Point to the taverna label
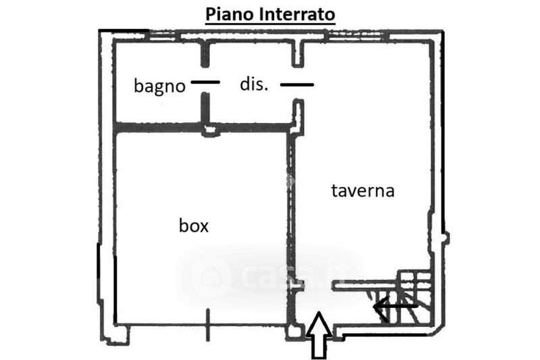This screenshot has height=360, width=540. [x=362, y=190]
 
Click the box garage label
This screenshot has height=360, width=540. [x=194, y=226]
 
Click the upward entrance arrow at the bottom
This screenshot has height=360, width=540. [x=319, y=334]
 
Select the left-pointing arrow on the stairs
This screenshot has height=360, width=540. [x=395, y=307]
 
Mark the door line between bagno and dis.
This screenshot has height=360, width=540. [x=206, y=82]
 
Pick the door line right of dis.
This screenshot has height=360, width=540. [x=297, y=84]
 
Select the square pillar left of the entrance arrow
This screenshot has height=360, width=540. [x=294, y=332]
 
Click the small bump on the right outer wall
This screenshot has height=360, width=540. [x=445, y=237]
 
